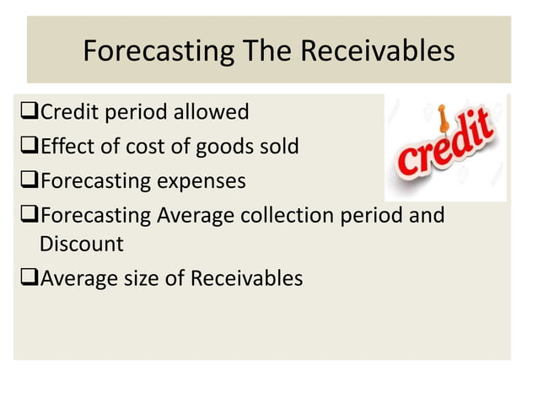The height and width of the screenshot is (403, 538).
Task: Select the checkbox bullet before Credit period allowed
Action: click(x=29, y=111)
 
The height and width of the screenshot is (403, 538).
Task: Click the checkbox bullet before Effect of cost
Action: click(x=29, y=147)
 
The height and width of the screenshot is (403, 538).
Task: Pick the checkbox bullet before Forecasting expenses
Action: click(x=29, y=181)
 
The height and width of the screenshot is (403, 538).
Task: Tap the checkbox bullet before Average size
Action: click(x=29, y=278)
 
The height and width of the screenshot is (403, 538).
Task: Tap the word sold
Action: click(x=278, y=147)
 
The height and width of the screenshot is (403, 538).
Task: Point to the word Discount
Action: click(x=81, y=244)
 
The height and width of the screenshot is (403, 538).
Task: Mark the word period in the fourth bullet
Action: click(x=368, y=216)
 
